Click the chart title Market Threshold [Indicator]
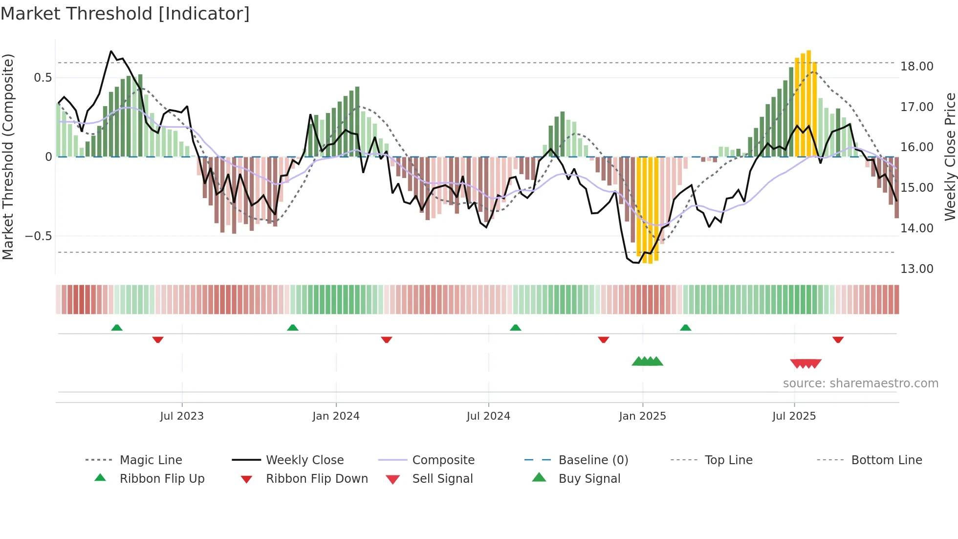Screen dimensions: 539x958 click(x=125, y=14)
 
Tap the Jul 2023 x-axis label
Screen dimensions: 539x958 click(x=181, y=416)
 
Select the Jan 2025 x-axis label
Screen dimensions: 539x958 click(x=642, y=416)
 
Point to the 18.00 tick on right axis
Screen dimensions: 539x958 click(x=916, y=67)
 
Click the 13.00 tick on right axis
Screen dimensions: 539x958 click(x=916, y=269)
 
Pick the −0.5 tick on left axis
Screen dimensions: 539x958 click(x=38, y=236)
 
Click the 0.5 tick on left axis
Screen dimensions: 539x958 click(x=43, y=78)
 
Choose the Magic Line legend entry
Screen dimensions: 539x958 click(x=151, y=460)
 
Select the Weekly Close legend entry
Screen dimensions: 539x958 click(x=305, y=460)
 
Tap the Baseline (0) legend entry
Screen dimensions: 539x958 click(x=593, y=460)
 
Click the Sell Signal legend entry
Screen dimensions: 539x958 click(x=442, y=479)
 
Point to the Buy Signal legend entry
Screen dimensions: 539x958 click(x=589, y=479)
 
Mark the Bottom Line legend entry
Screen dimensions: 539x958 click(x=886, y=460)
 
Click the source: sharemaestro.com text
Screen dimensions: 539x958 click(x=860, y=383)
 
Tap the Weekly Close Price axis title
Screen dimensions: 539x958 click(x=950, y=157)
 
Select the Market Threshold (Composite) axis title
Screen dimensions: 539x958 click(x=8, y=157)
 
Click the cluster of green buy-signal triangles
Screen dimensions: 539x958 click(x=647, y=361)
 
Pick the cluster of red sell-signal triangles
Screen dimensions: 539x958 click(x=806, y=363)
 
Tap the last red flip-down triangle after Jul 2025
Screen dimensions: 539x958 click(x=838, y=339)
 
